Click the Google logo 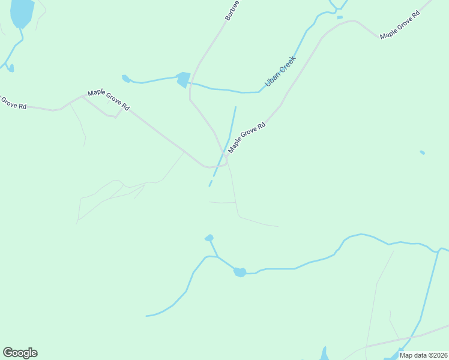20,353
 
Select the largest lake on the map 22,13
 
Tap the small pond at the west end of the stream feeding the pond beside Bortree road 126,78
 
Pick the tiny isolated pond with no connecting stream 422,152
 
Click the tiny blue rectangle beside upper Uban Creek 340,17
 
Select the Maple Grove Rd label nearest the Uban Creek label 247,138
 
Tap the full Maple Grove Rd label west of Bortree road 109,99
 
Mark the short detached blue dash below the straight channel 210,183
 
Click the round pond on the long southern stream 240,272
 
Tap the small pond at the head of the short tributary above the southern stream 209,238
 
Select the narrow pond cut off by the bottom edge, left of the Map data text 324,353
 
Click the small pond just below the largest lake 11,68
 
